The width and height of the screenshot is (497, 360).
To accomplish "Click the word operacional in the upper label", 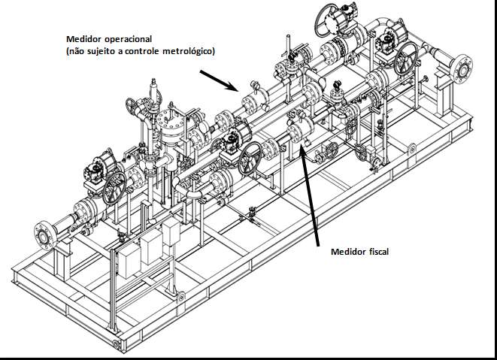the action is [128, 39].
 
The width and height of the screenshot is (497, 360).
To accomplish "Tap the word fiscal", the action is [379, 252].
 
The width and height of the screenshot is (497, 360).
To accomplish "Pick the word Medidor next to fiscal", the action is [348, 252].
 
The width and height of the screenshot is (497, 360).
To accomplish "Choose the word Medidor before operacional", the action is [84, 39].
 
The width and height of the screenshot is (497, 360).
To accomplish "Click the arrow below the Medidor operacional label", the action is [220, 81].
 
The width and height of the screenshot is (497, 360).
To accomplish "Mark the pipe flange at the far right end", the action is [462, 69].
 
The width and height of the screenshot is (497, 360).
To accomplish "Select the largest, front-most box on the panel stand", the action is [129, 260].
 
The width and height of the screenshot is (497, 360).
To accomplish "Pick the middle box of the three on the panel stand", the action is [151, 247].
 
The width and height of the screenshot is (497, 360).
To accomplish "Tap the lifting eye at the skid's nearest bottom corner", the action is [115, 343].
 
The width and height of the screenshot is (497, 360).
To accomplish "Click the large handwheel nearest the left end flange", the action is [114, 188].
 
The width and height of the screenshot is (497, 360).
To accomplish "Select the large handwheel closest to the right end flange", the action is [406, 59].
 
